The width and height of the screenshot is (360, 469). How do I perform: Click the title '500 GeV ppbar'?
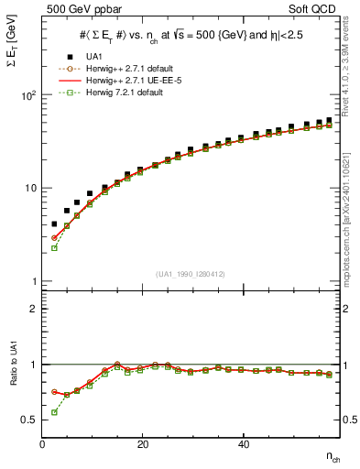coord(77,9)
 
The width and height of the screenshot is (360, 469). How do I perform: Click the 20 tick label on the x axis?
coord(142,444)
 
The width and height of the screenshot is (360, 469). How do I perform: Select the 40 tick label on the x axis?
coord(243,444)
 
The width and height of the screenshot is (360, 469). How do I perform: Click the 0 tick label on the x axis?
coord(42,444)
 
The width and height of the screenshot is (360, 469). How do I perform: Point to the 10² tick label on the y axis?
coord(28,95)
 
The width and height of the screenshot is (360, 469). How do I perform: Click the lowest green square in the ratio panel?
coord(54,412)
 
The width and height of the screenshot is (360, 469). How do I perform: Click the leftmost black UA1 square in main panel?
coord(54,224)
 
